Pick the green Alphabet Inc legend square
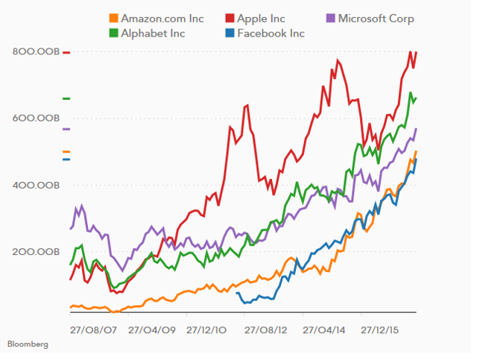[x=113, y=33]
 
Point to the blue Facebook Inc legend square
[x=230, y=33]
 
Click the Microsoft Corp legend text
[x=376, y=19]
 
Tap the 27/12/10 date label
[x=206, y=328]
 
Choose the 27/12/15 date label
[x=382, y=328]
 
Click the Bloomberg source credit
[x=28, y=344]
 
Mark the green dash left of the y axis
[x=66, y=98]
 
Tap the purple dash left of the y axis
[x=66, y=129]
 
